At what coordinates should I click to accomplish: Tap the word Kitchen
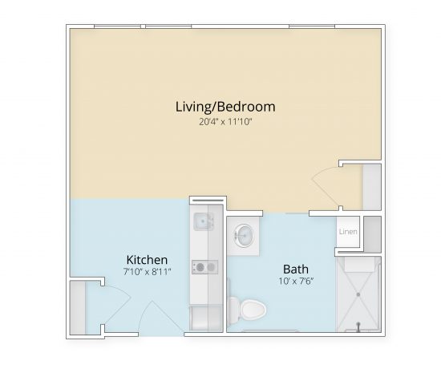coord(147,260)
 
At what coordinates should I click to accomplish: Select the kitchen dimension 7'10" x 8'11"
coord(147,273)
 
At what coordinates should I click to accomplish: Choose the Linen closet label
coord(347,233)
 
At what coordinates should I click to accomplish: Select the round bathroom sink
coord(244,235)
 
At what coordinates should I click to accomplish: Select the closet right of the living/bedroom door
coord(371,187)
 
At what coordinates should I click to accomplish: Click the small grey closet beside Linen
coord(371,232)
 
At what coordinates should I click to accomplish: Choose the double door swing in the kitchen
coord(132,309)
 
